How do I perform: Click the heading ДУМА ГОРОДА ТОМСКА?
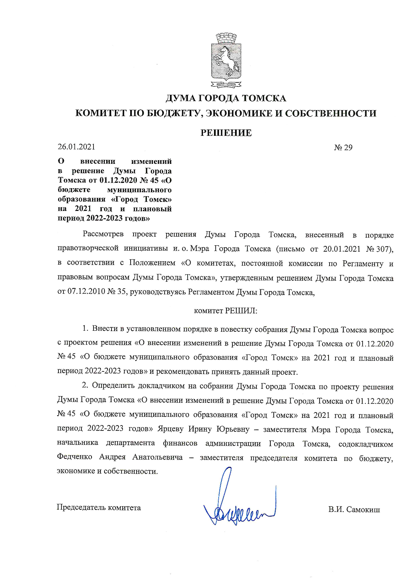(226, 98)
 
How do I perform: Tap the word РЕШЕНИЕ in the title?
(226, 133)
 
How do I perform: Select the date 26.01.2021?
(76, 147)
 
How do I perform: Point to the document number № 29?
(343, 148)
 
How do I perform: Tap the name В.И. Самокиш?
(354, 510)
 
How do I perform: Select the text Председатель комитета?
(99, 508)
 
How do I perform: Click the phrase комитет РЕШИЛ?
(226, 311)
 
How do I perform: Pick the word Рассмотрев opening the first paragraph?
(103, 235)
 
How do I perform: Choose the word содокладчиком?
(366, 444)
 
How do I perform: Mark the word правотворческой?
(88, 249)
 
